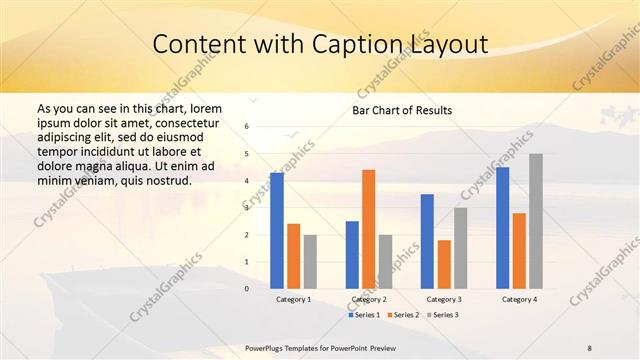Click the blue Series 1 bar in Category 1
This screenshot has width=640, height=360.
click(x=277, y=231)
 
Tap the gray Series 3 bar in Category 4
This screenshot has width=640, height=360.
click(x=536, y=221)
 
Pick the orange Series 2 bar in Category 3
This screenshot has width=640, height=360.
click(x=444, y=264)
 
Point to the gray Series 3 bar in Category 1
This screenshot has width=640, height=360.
click(x=310, y=262)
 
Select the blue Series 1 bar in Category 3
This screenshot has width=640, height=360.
click(x=427, y=241)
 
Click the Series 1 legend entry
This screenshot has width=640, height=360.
click(x=365, y=315)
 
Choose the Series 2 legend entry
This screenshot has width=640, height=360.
click(x=404, y=315)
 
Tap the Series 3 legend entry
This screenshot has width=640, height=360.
click(x=444, y=315)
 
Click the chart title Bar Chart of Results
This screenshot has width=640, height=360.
click(x=401, y=110)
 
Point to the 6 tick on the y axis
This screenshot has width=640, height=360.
click(x=247, y=127)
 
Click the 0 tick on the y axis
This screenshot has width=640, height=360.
click(x=247, y=289)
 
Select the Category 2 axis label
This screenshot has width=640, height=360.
click(x=369, y=299)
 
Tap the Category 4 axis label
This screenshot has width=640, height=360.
click(x=519, y=299)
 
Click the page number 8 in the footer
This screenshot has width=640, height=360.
click(x=590, y=346)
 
